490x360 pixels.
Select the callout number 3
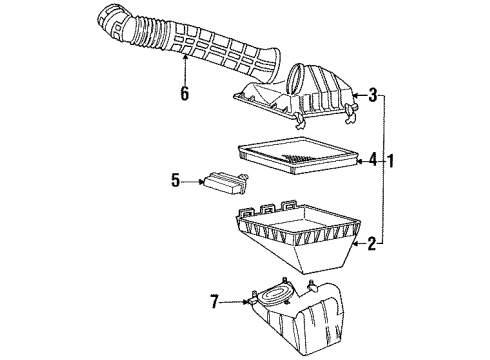tap(373, 95)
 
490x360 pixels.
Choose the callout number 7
tap(215, 299)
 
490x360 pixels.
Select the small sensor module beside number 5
tap(224, 182)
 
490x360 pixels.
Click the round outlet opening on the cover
tap(304, 76)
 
